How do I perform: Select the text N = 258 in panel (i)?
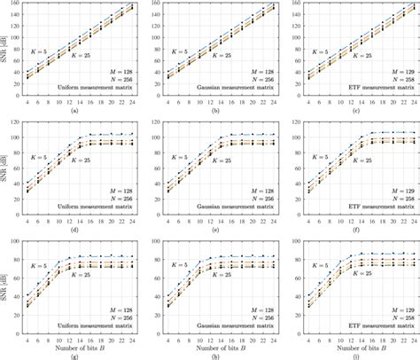394,316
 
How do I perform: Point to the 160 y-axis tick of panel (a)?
15,4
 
